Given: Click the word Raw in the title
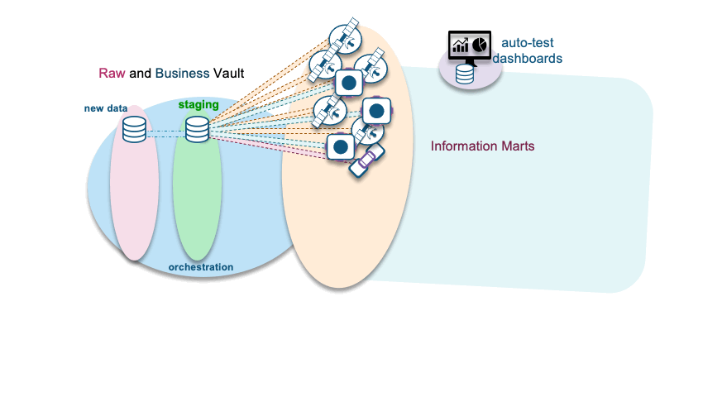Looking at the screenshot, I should tap(112, 73).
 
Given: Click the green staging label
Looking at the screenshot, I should tap(198, 105).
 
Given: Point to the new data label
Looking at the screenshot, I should tap(105, 108).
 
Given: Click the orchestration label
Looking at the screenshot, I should tap(200, 267).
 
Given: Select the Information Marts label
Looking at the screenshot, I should tap(482, 146).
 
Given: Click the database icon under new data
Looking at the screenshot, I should tap(134, 129).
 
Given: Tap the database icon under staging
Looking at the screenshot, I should tap(197, 129).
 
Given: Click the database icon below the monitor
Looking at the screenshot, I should tap(465, 74).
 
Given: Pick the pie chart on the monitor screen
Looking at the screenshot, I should tap(479, 44).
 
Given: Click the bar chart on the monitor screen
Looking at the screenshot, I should tap(460, 45).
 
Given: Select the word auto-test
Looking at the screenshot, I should tap(528, 43).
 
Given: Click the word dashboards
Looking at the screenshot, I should tap(528, 59).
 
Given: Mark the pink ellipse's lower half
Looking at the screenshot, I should tap(134, 215).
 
